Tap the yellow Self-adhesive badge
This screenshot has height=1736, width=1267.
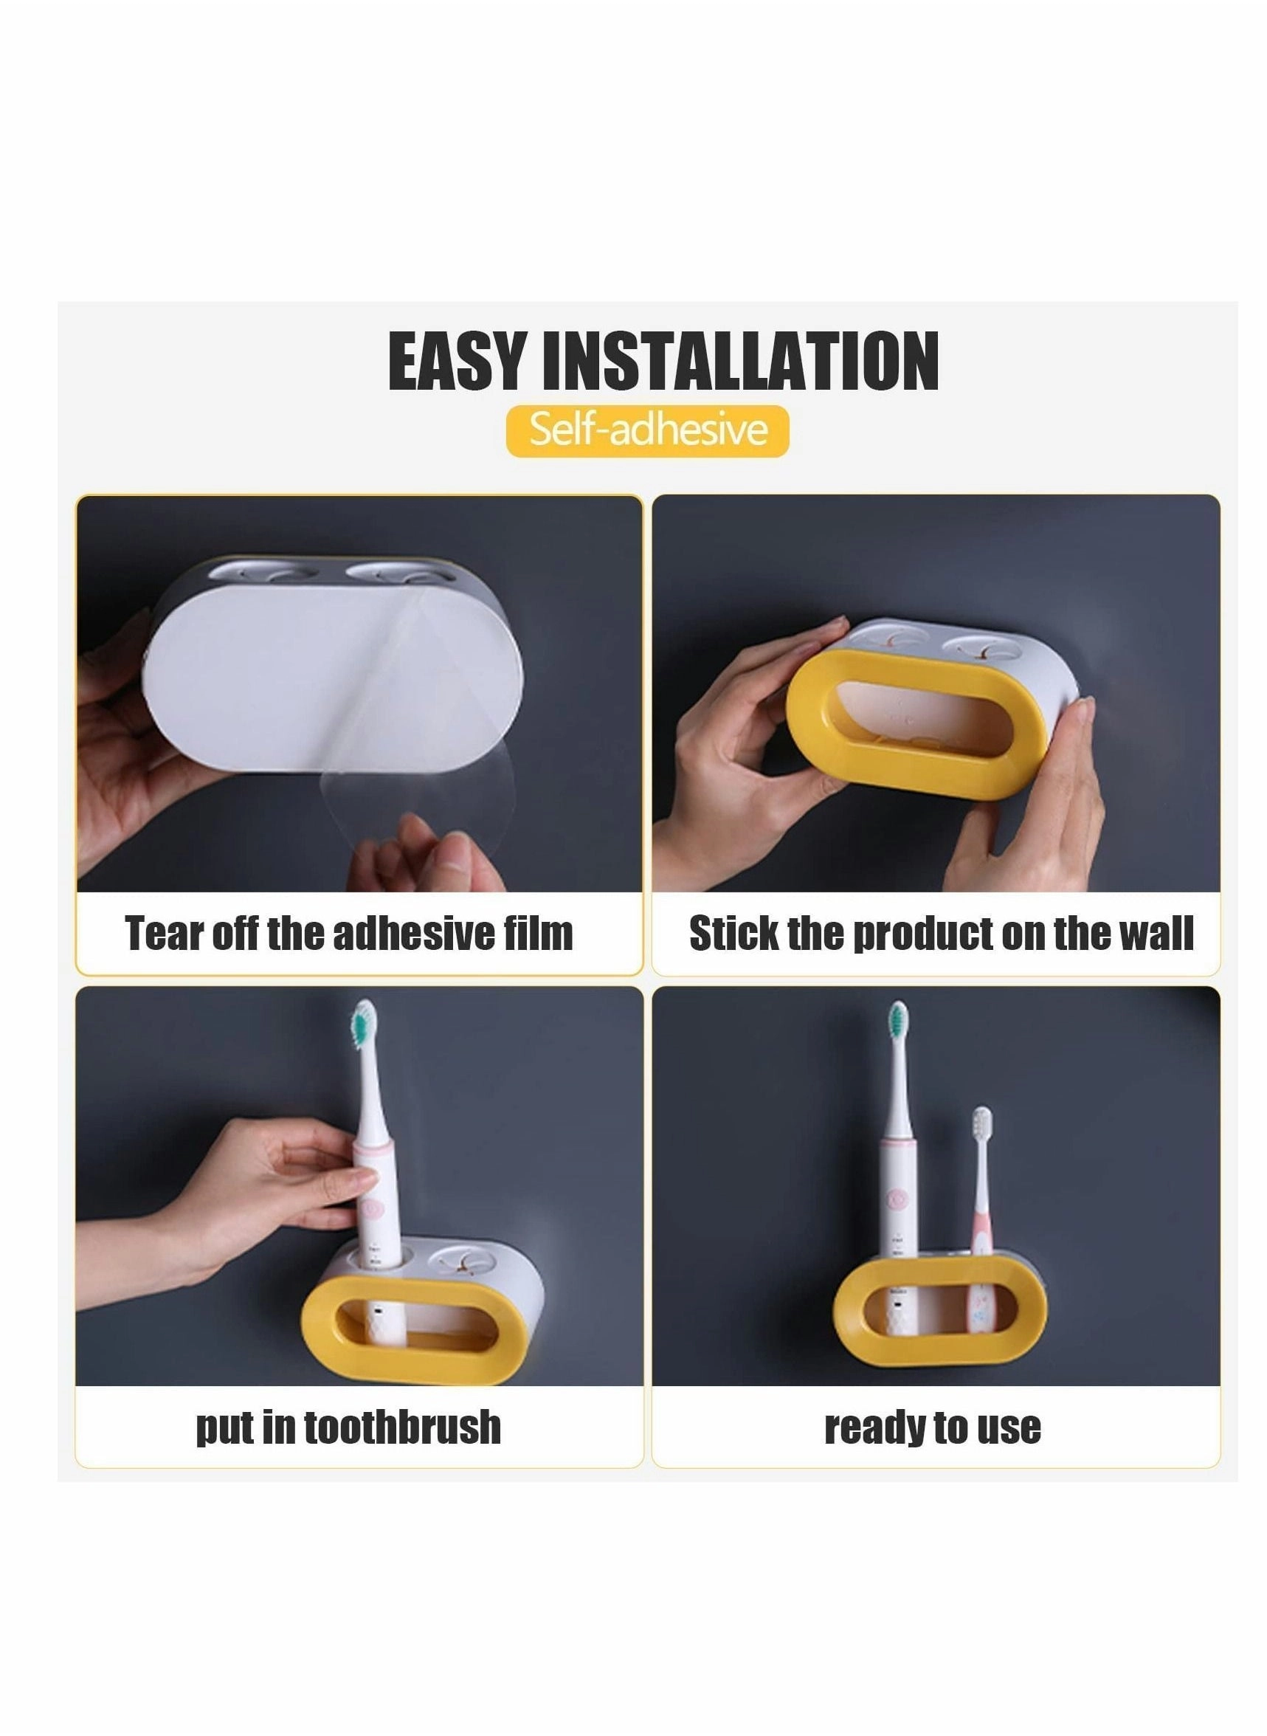point(647,430)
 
